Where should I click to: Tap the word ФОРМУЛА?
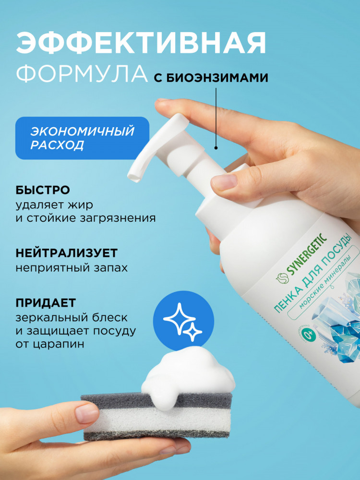coord(82,74)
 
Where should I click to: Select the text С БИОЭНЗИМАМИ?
coord(211,78)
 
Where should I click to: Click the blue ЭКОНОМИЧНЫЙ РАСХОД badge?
coord(83,138)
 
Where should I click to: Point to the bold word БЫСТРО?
coord(43,190)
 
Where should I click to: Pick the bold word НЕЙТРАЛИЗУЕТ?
coord(67,253)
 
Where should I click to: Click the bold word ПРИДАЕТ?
coord(46,303)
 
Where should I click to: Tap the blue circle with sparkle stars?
coord(183,321)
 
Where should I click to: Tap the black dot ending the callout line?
coord(216,148)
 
